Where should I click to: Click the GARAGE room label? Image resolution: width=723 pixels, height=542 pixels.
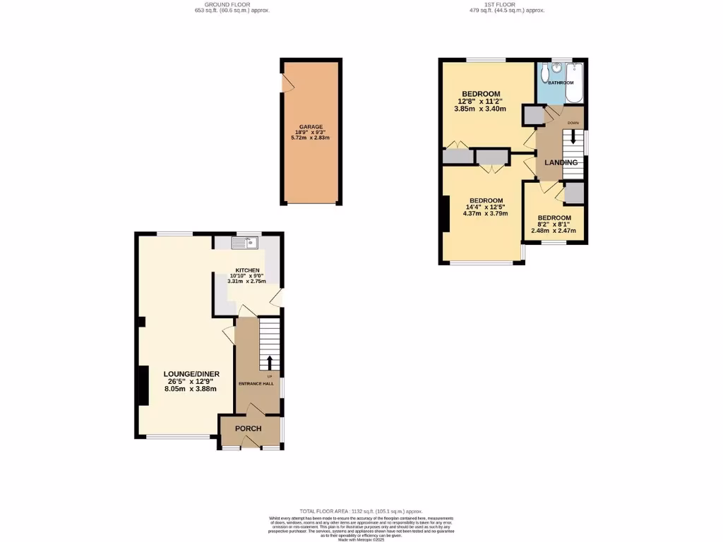[x=311, y=127]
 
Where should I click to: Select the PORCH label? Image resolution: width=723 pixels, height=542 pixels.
[x=248, y=429]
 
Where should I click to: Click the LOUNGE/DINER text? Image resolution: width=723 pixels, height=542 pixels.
[x=191, y=374]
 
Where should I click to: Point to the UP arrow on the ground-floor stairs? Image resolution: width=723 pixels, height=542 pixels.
[x=269, y=362]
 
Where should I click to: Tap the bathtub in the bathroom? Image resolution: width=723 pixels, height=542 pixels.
[x=574, y=83]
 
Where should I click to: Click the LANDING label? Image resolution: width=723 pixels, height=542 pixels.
[x=561, y=163]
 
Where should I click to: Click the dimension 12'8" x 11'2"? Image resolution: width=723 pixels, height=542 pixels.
[x=482, y=102]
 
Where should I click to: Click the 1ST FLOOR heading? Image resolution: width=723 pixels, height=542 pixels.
[x=506, y=6]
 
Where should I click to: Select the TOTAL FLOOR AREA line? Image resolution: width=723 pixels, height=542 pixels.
[x=361, y=511]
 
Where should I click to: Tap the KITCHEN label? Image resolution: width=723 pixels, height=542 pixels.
[x=247, y=271]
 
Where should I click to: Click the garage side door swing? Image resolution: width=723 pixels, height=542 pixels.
[x=288, y=83]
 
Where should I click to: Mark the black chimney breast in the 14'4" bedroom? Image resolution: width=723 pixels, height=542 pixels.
[x=444, y=213]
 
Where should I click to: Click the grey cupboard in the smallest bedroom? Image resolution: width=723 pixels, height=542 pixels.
[x=573, y=193]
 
